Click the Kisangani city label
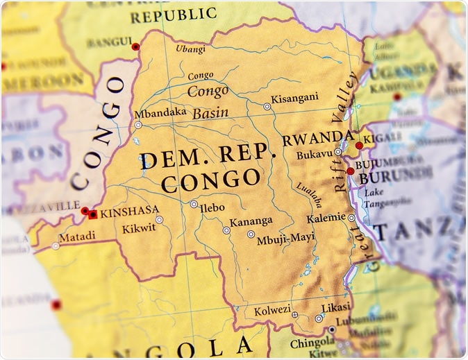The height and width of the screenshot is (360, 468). pos(294,98)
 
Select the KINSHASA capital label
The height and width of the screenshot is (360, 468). pos(130,210)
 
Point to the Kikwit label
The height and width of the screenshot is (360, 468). pos(137,228)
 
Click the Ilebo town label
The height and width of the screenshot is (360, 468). pos(212,207)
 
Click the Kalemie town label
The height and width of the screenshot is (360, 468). pos(326,218)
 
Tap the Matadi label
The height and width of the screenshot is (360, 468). pos(78,237)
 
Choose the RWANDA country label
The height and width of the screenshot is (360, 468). pos(317,137)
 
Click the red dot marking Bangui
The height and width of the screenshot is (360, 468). pos(135,46)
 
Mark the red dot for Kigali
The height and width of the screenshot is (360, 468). pos(359,146)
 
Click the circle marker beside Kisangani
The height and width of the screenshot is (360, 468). pos(267,107)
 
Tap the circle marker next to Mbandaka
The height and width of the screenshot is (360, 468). pos(138,125)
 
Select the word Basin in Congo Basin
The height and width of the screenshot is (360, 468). pos(210,112)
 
